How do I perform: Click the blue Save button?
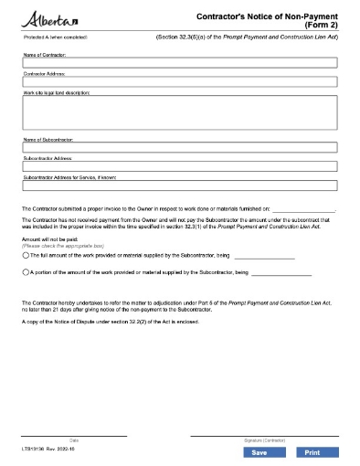(259, 452)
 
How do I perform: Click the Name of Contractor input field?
(179, 64)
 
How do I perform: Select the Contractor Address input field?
(179, 82)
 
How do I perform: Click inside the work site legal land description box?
(179, 113)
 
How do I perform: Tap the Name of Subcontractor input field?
(179, 147)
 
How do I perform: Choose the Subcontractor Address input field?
(179, 166)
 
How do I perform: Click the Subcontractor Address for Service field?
(179, 185)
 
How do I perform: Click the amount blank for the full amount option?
(264, 258)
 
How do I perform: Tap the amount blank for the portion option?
(281, 273)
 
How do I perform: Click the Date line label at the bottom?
(74, 440)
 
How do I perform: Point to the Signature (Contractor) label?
(264, 440)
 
